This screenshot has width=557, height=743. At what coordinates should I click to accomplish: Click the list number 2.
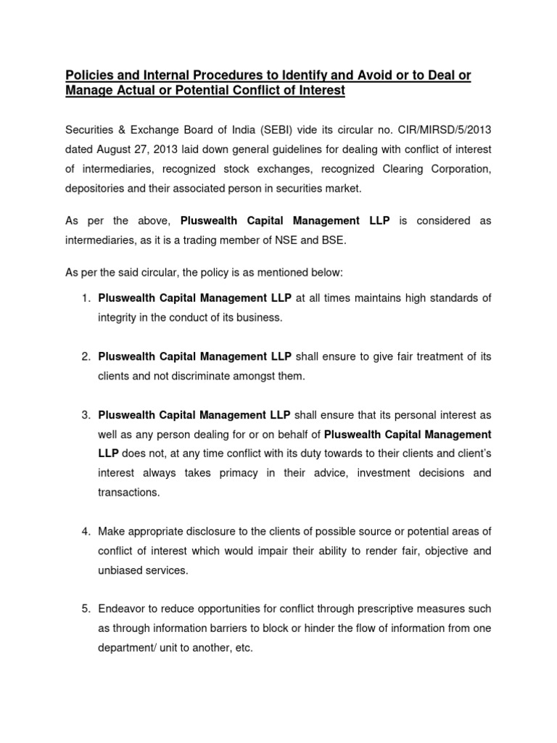pyautogui.click(x=85, y=357)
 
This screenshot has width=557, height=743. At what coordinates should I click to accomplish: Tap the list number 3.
pyautogui.click(x=85, y=415)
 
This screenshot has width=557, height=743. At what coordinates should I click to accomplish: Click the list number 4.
pyautogui.click(x=85, y=533)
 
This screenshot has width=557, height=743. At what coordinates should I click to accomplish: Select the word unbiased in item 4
pyautogui.click(x=120, y=570)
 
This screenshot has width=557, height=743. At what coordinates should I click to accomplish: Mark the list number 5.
pyautogui.click(x=85, y=609)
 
